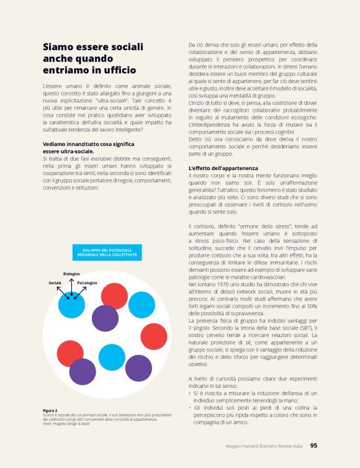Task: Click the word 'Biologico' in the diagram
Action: tap(71, 274)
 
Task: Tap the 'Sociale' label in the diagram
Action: tap(55, 283)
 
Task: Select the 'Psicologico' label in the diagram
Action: tap(88, 283)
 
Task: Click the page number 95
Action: tap(313, 445)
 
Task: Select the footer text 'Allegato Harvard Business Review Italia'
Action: tap(264, 446)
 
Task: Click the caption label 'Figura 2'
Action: tap(50, 410)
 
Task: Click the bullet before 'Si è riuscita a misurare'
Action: tap(190, 392)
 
